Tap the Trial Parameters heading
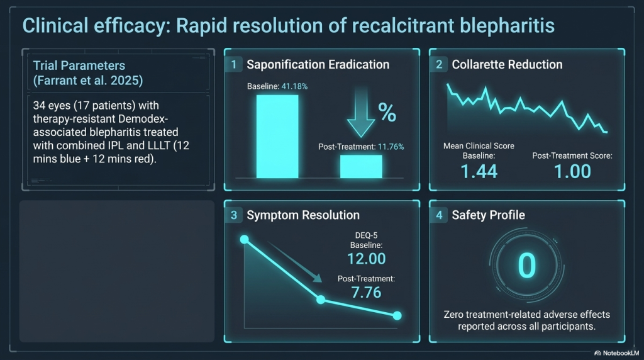click(x=79, y=65)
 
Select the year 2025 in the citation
click(x=126, y=80)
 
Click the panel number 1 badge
click(x=234, y=65)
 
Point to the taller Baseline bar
click(x=277, y=137)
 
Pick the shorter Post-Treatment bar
click(x=361, y=166)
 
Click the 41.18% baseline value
click(x=294, y=86)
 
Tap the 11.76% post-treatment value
click(x=391, y=147)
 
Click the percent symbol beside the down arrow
click(x=387, y=112)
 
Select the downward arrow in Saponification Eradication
click(x=361, y=113)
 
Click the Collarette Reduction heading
click(x=507, y=65)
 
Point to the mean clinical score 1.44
click(x=479, y=171)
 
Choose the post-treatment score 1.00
click(x=572, y=171)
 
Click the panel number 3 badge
click(x=234, y=215)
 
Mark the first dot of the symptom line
click(x=245, y=239)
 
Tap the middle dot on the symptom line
click(x=321, y=300)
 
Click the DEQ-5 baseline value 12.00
click(x=367, y=259)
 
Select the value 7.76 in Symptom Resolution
click(x=367, y=293)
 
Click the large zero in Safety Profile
click(x=526, y=266)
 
